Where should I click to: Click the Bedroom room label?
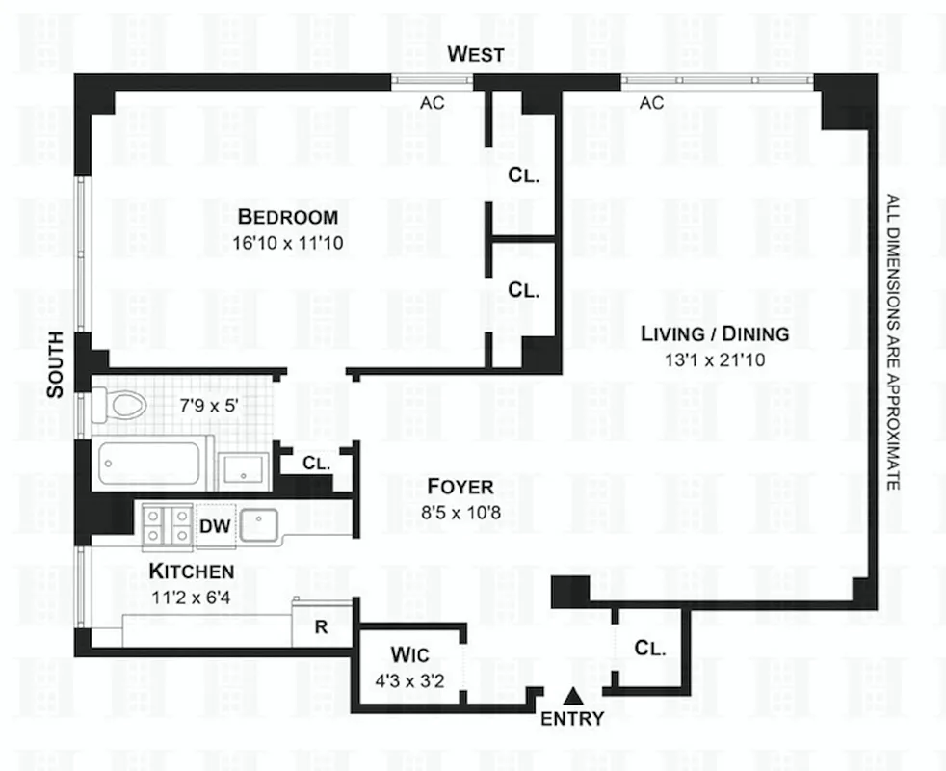pyautogui.click(x=288, y=216)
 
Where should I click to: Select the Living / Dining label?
pyautogui.click(x=716, y=334)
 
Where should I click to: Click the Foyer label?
pyautogui.click(x=448, y=487)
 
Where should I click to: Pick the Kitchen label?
pyautogui.click(x=191, y=572)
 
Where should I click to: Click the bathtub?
pyautogui.click(x=154, y=464)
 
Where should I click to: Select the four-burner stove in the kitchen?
pyautogui.click(x=166, y=526)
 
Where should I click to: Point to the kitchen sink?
pyautogui.click(x=258, y=526)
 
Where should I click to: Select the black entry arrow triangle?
pyautogui.click(x=573, y=694)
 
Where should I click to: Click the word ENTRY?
pyautogui.click(x=572, y=718)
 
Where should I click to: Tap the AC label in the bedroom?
pyautogui.click(x=433, y=103)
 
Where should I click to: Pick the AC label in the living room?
pyautogui.click(x=652, y=103)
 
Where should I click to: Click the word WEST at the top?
pyautogui.click(x=476, y=55)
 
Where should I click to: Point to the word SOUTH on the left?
pyautogui.click(x=56, y=365)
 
